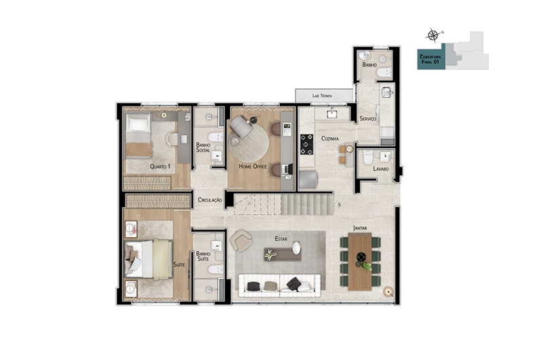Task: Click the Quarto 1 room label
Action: pos(160,166)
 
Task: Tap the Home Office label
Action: pos(253,166)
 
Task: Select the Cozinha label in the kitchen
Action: pos(330,139)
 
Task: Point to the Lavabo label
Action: pos(381,168)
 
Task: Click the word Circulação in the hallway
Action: pos(210,200)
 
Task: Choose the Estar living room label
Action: pos(281,238)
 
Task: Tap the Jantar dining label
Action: pos(360,228)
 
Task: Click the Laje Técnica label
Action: pos(322,96)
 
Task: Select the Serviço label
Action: pos(367,119)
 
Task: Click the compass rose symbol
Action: pos(433,35)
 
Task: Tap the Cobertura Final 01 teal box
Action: pos(431,59)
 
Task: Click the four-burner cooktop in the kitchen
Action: pos(306,145)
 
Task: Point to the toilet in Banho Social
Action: pos(215,137)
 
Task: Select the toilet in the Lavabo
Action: pos(367,158)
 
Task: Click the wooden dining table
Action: pos(360,262)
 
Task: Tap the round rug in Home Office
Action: pos(249,143)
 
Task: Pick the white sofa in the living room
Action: pos(280,285)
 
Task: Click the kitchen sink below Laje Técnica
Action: pos(332,113)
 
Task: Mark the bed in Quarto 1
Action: pos(139,135)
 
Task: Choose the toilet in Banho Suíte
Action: pos(215,270)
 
